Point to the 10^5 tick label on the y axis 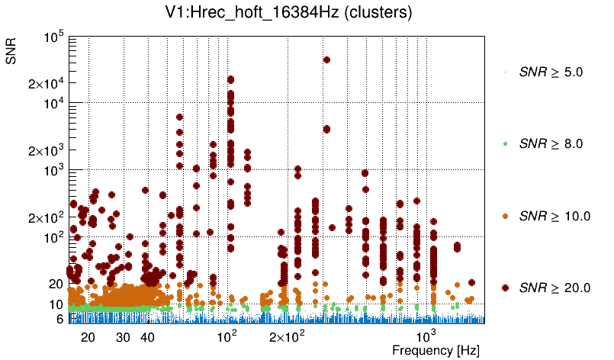(x=53, y=37)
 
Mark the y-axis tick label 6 (x=59, y=319)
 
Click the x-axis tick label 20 (x=88, y=336)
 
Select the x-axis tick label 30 (x=123, y=336)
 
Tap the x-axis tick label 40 (x=147, y=336)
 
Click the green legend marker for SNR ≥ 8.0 (x=505, y=143)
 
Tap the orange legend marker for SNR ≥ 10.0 (x=505, y=216)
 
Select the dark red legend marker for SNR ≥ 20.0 (x=505, y=288)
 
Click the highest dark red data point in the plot (x=326, y=59)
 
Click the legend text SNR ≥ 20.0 (x=555, y=288)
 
